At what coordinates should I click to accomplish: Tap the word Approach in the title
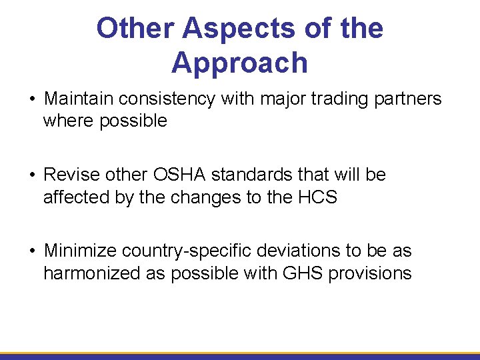[239, 63]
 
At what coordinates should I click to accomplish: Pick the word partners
[407, 99]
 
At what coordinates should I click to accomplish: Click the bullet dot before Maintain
[31, 100]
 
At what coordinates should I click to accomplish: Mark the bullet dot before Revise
[31, 176]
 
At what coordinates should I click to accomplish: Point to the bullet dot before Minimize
[31, 252]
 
